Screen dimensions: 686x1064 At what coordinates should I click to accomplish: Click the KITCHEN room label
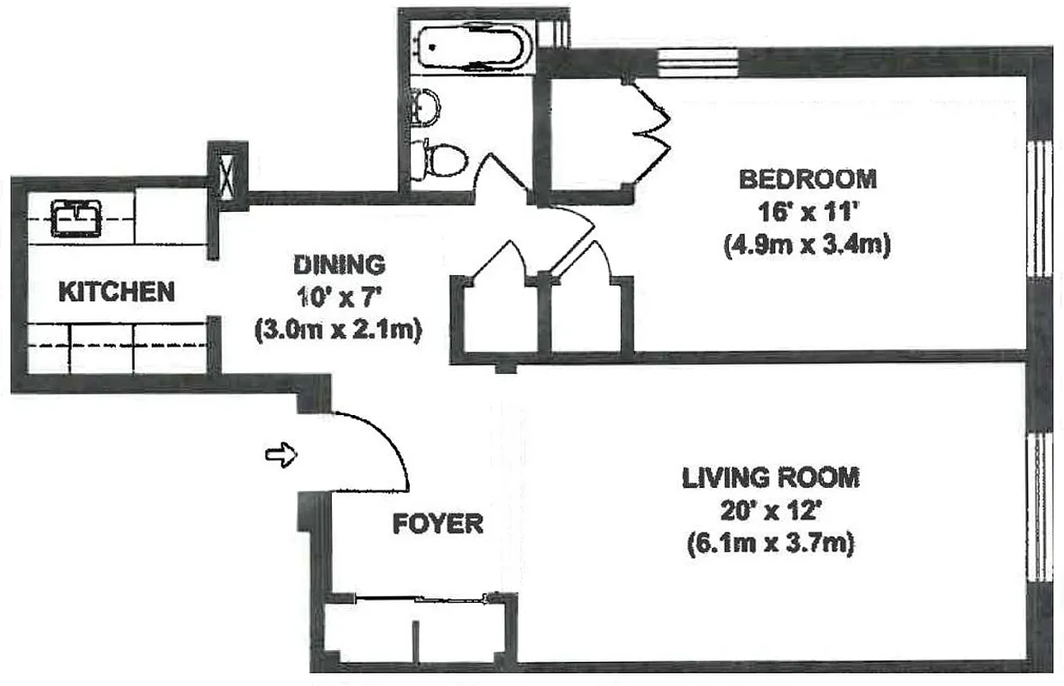point(116,292)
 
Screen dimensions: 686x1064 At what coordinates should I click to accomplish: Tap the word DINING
point(339,263)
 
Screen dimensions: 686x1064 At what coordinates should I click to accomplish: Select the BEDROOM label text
point(807,179)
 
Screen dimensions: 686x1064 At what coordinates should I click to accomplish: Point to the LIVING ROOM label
point(770,478)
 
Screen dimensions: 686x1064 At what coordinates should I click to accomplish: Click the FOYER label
point(437,524)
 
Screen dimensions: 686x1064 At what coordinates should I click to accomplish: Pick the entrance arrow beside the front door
point(281,454)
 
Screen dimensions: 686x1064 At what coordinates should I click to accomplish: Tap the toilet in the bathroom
point(439,159)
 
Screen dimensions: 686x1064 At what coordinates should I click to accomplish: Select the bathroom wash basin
point(424,105)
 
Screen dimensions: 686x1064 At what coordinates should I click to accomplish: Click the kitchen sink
point(76,218)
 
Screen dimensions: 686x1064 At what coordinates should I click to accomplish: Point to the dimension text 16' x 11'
point(807,213)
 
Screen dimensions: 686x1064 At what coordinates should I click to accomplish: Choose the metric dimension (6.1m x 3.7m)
point(770,545)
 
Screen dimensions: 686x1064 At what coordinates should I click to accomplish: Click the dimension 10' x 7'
point(339,297)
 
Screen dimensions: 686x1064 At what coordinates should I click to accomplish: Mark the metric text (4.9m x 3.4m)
point(807,245)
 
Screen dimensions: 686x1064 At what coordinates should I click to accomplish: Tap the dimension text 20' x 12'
point(770,511)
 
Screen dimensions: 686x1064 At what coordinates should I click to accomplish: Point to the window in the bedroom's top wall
point(697,63)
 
